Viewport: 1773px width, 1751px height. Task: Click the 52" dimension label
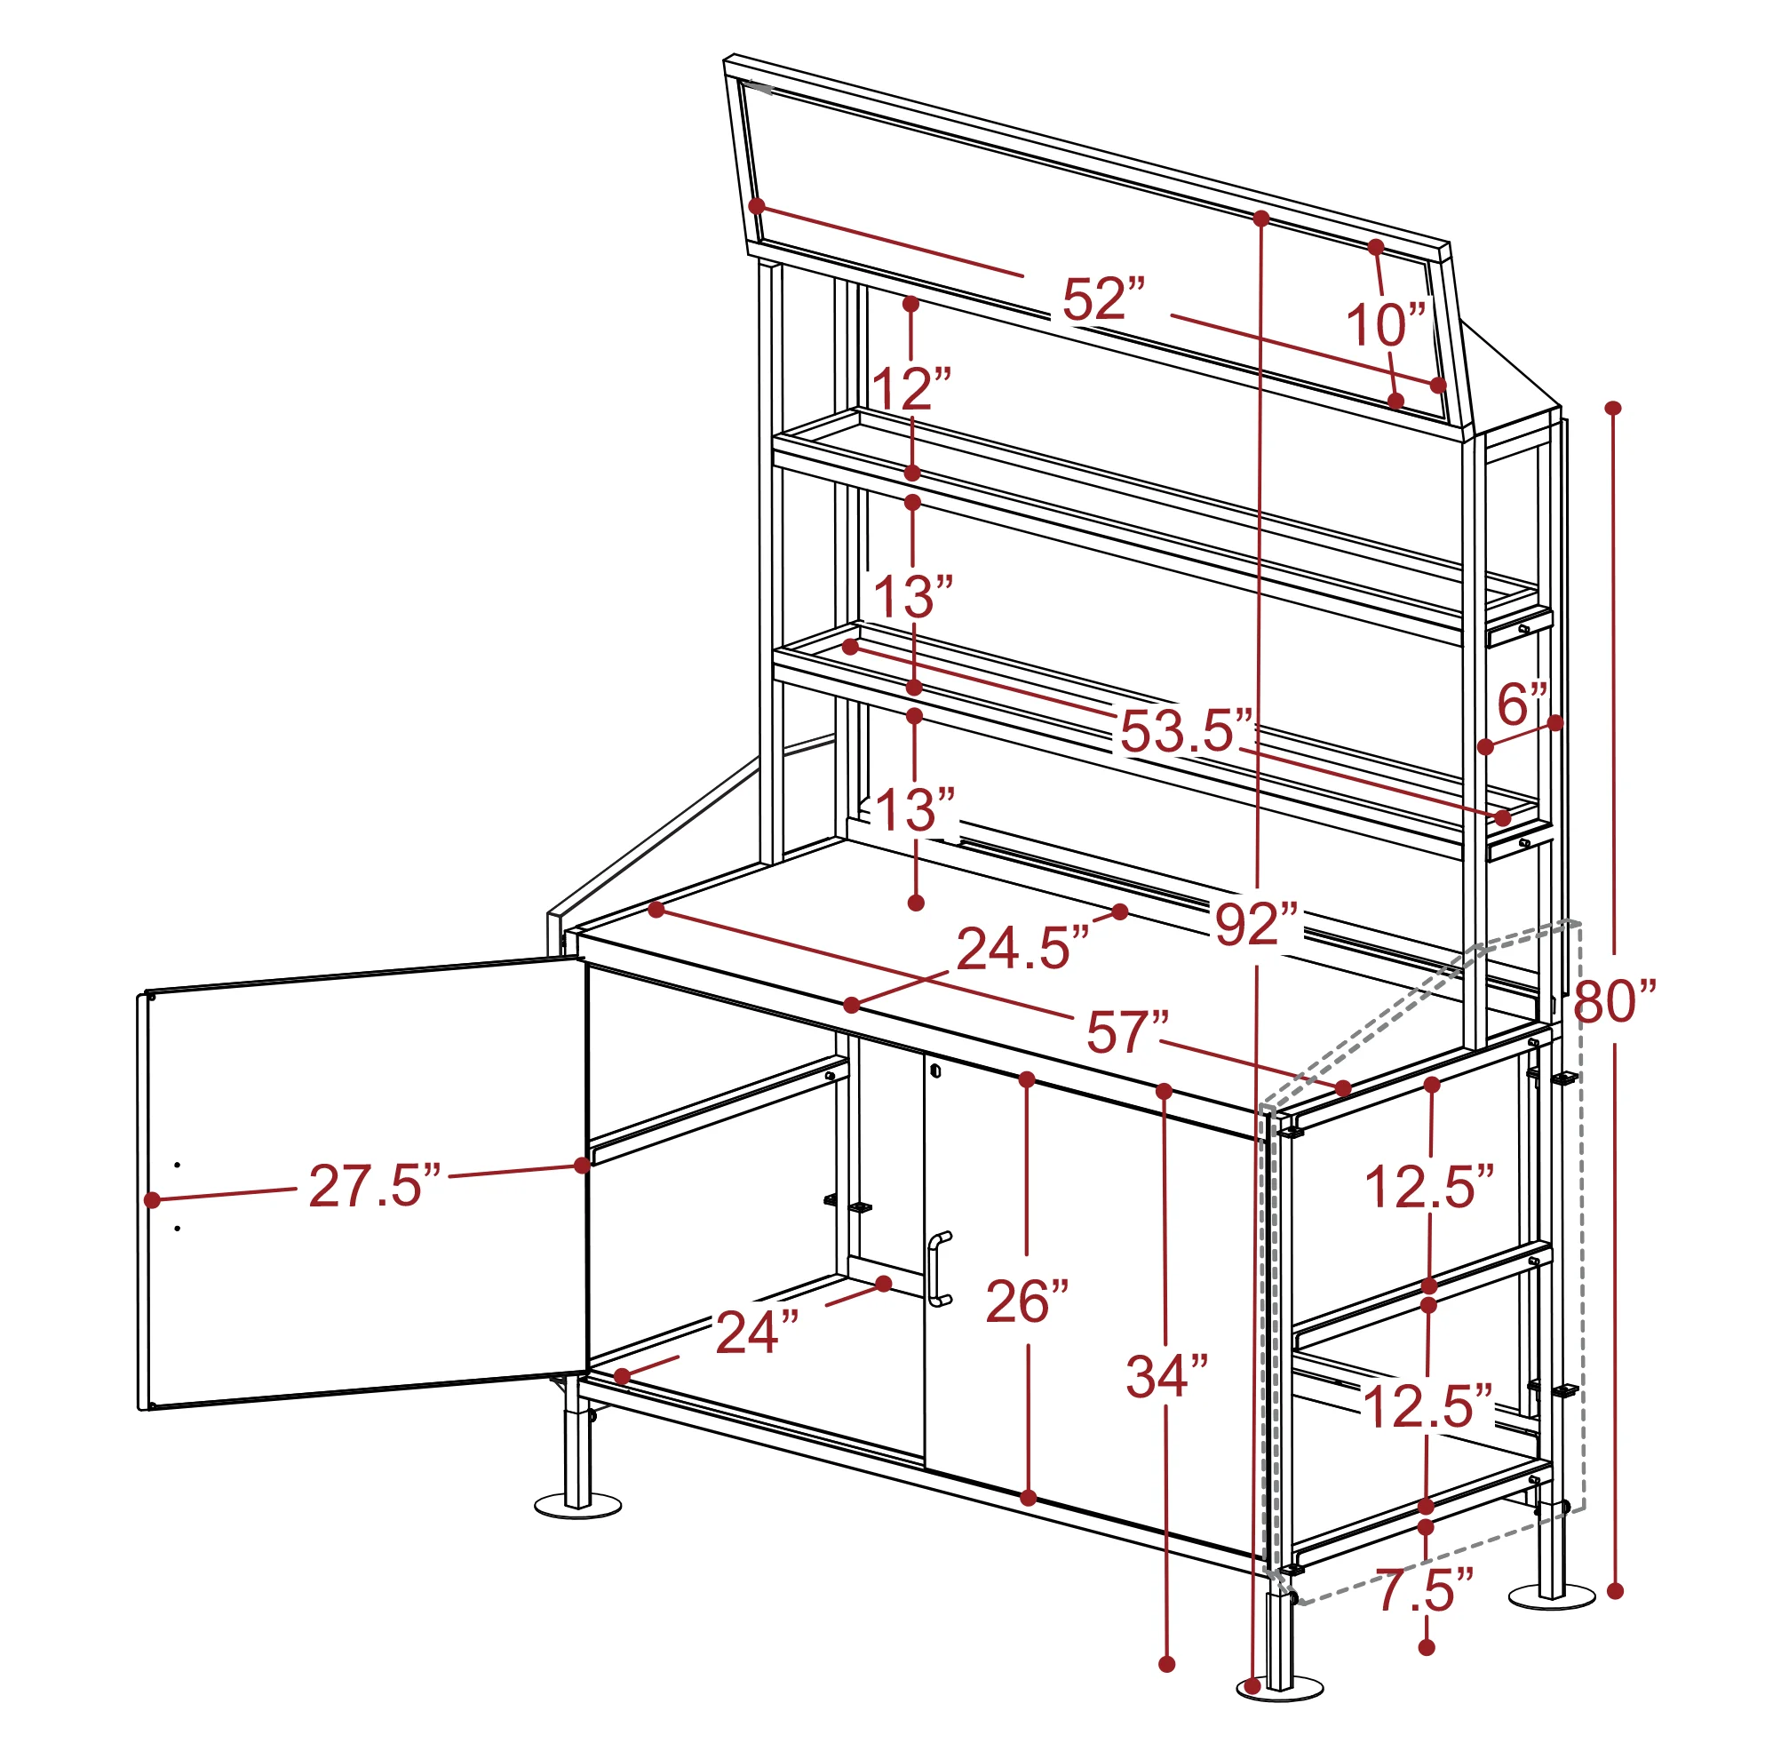[1104, 298]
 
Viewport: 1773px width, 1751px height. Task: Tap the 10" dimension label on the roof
[1386, 324]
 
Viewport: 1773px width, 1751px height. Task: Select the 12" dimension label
[911, 388]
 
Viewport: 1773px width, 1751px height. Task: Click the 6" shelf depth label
[1523, 704]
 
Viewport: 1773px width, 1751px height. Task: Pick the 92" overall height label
[1258, 924]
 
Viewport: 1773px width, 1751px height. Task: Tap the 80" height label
[1615, 1001]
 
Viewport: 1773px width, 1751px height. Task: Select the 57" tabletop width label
[1128, 1032]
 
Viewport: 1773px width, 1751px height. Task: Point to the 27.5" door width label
[376, 1186]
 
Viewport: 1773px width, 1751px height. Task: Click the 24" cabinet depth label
[757, 1333]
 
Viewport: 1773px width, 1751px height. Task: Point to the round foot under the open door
[577, 1505]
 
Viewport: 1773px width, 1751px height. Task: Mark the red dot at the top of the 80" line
[1613, 408]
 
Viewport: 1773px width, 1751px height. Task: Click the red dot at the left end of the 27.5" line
[152, 1199]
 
